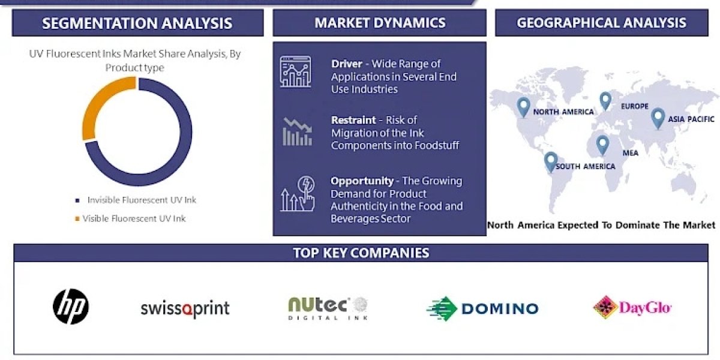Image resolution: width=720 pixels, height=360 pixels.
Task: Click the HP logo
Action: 71,307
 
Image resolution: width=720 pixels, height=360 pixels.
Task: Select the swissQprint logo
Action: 185,308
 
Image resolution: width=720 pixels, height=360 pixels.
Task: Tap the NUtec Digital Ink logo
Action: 328,308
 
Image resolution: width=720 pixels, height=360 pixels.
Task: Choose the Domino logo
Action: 482,308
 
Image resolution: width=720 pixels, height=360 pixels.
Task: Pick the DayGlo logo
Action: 632,307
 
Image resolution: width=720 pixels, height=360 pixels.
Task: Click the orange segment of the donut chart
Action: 103,103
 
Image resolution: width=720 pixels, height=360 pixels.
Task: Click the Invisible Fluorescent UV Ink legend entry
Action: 136,200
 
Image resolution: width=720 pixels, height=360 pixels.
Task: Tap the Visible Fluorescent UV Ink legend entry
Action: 130,218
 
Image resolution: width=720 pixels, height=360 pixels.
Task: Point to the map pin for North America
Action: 523,107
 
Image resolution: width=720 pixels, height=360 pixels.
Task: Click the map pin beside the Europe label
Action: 605,101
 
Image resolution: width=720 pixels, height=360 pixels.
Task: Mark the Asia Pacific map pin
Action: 658,118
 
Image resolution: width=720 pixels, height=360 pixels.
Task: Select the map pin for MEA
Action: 602,145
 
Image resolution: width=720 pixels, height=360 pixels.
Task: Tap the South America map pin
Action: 551,162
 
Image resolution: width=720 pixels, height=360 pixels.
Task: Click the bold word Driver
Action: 347,64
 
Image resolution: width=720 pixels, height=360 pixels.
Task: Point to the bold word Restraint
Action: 353,120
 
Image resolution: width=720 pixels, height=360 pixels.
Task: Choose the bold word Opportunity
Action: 362,181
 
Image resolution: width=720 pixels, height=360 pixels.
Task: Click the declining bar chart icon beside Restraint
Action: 298,131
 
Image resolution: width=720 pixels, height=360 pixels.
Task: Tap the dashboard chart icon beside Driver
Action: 296,71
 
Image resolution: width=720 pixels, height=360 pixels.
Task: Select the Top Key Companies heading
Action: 361,253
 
